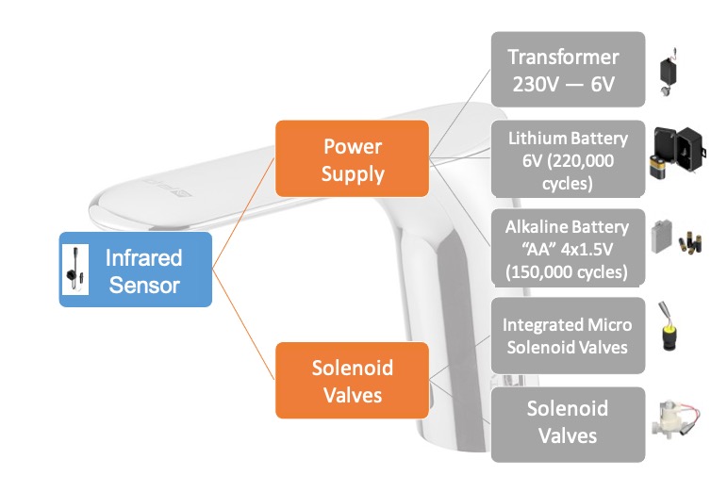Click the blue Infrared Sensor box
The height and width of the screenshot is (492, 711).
[136, 270]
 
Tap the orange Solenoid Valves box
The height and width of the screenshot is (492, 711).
[353, 380]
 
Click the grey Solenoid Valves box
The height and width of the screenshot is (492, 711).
[568, 422]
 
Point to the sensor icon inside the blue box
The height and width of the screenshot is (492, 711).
[72, 270]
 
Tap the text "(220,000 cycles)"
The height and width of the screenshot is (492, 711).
[568, 172]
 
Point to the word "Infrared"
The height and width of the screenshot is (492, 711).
[143, 257]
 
